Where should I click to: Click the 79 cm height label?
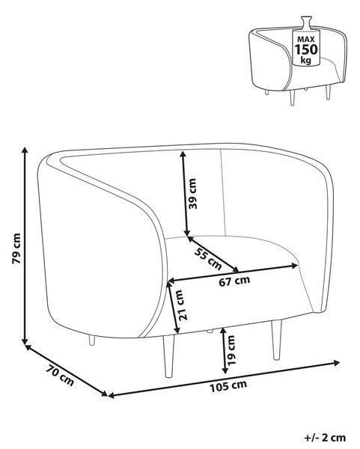(x=16, y=248)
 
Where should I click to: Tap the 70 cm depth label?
(x=60, y=375)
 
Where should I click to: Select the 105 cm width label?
(x=228, y=386)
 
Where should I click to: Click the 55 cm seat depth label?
(x=208, y=259)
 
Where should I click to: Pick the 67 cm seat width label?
(x=234, y=281)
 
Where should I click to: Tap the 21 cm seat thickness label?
(x=179, y=305)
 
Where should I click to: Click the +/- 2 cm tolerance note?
(x=325, y=438)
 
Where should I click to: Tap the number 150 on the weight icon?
(x=306, y=49)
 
